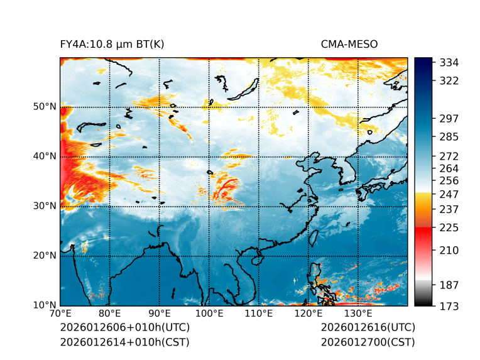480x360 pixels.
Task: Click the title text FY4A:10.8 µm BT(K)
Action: point(112,44)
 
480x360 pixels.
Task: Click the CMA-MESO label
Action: point(349,44)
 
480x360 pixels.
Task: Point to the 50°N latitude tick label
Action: point(45,107)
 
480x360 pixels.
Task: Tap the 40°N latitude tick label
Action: point(45,156)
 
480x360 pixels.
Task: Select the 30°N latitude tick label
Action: point(45,206)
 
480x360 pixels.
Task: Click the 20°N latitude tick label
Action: point(45,256)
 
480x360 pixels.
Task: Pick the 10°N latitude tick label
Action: point(45,305)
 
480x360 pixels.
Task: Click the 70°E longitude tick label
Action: point(60,314)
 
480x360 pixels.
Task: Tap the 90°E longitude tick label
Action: point(160,314)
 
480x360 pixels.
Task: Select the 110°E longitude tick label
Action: point(259,314)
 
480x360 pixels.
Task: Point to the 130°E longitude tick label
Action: point(358,314)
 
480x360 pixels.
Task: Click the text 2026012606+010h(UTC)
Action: point(124,328)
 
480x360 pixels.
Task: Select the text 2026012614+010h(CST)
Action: point(124,342)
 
